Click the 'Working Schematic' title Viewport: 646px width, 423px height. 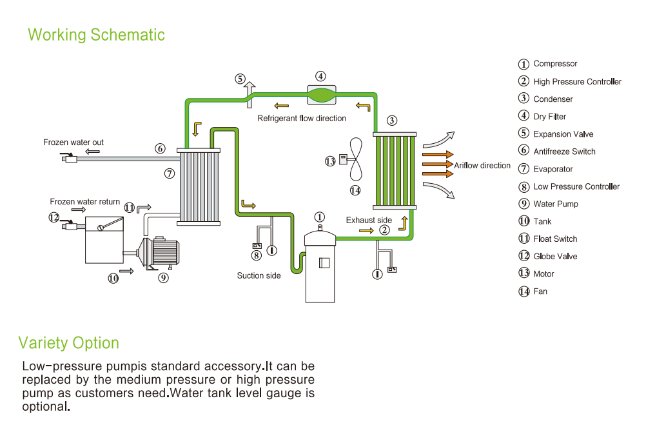[96, 35]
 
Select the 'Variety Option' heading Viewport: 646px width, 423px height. [69, 342]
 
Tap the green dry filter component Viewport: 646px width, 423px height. [321, 95]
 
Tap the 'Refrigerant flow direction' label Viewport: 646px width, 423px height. [302, 119]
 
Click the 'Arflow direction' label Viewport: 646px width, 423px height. [482, 166]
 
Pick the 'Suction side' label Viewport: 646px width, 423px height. [259, 276]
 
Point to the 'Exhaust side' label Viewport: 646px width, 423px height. [369, 221]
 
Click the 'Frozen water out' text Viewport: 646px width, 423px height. [73, 143]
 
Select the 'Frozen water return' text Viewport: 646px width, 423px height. [85, 202]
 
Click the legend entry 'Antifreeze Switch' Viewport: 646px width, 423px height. [564, 152]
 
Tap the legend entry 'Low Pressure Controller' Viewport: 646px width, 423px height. [576, 186]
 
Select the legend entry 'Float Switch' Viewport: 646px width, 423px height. [555, 239]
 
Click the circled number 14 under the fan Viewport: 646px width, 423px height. [355, 190]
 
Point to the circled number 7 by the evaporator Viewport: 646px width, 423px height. [169, 173]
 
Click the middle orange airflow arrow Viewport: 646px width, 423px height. [437, 164]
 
